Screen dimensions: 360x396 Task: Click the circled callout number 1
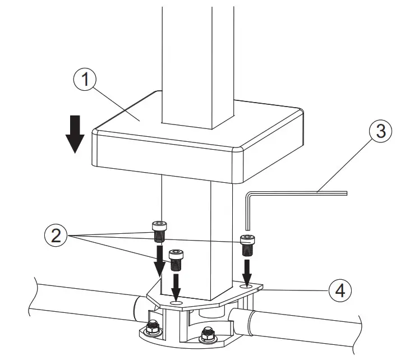click(x=85, y=81)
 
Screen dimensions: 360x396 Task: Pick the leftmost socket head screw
click(x=159, y=230)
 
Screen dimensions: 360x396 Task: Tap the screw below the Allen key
click(x=248, y=244)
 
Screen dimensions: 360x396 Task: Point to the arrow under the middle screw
click(x=177, y=286)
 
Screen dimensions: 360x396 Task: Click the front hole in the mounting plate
click(x=177, y=303)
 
